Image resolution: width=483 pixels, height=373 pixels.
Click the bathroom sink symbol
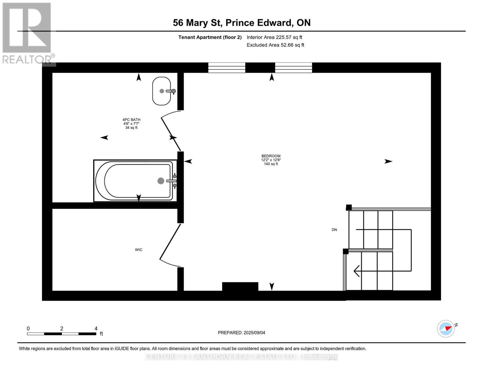[x=161, y=91]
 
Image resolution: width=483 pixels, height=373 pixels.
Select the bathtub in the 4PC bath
[x=135, y=181]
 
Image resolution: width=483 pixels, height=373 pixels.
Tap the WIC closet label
[x=138, y=250]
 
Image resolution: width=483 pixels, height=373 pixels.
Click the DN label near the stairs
[x=334, y=230]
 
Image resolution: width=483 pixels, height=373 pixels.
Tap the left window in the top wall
[x=226, y=67]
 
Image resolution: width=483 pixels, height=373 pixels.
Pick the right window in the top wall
[x=293, y=67]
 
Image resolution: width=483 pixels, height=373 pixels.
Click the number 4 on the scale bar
[x=96, y=328]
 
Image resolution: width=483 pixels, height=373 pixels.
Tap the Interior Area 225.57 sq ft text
[x=274, y=37]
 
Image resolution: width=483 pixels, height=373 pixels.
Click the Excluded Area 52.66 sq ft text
[x=275, y=45]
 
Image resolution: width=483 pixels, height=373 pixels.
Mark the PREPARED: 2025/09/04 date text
[x=241, y=333]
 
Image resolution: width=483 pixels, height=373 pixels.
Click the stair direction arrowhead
[x=356, y=271]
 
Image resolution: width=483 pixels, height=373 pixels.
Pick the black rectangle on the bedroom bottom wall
[x=240, y=287]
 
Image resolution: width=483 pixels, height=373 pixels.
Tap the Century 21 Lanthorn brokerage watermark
[x=241, y=357]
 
